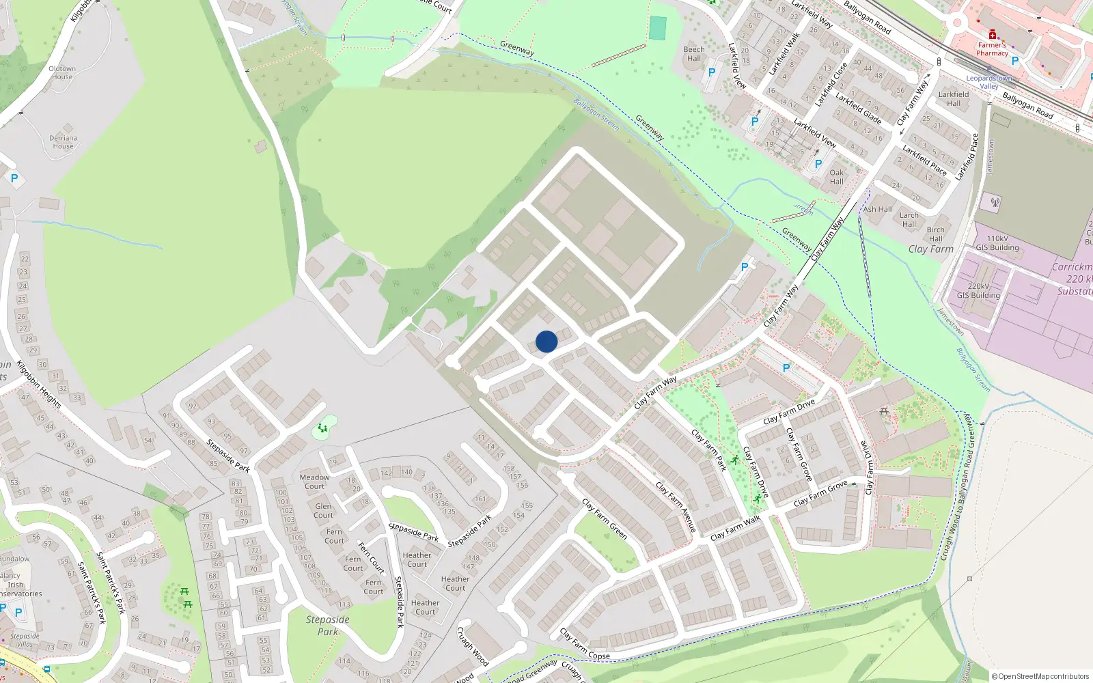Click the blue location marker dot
(546, 341)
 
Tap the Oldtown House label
(62, 73)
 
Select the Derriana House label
(63, 142)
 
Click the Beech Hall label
(694, 54)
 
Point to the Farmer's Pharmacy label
(992, 49)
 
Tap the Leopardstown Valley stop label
(989, 82)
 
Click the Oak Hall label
(837, 177)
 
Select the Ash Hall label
(878, 209)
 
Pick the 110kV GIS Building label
(997, 243)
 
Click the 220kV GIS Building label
(978, 291)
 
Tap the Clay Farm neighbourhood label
(930, 249)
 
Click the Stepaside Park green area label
(328, 625)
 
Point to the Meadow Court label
(314, 482)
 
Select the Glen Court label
(323, 511)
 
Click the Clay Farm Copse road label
(585, 645)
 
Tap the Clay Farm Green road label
(605, 518)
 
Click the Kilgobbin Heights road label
(39, 385)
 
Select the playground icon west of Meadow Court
(322, 428)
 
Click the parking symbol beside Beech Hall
(712, 72)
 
